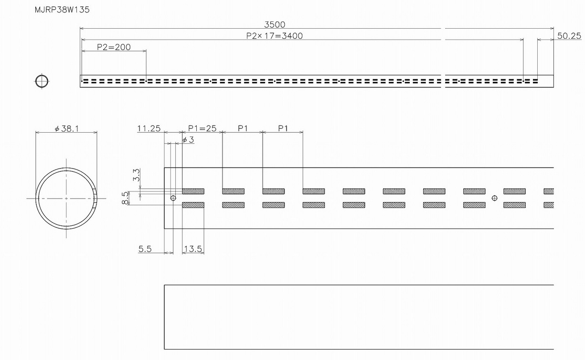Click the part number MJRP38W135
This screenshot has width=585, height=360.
62,10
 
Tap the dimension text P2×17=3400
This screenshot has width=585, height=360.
274,36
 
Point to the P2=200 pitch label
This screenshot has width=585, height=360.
114,47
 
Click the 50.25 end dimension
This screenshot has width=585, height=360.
569,36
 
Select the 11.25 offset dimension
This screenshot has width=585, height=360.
149,128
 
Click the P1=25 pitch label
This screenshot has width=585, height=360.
202,128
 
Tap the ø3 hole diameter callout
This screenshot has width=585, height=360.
188,139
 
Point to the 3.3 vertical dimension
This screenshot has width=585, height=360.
136,175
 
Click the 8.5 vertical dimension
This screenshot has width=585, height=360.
126,197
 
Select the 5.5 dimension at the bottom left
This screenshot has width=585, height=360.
145,249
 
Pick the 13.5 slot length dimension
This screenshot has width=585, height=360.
193,249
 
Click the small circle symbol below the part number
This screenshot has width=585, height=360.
42,81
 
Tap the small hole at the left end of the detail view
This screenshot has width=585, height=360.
173,198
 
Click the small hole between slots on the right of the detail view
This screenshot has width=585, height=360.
494,198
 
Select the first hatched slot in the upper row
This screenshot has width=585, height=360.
193,191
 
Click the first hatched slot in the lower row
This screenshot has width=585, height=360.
193,205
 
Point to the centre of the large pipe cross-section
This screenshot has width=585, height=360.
66,198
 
